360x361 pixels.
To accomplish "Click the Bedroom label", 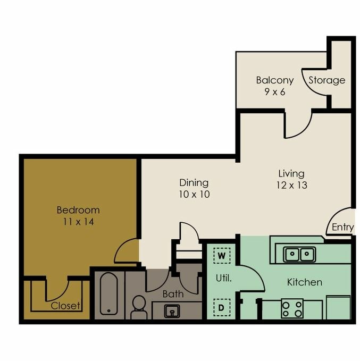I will [78, 210].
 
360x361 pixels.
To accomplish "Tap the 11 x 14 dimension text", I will [78, 222].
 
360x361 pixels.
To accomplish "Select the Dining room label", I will [194, 182].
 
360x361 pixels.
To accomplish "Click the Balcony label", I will [274, 80].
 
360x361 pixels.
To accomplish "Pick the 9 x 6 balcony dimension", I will [274, 91].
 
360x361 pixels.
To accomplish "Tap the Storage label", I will [327, 80].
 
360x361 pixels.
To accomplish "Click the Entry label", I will [342, 227].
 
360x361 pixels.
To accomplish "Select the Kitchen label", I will [304, 282].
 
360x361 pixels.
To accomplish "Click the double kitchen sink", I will [299, 255].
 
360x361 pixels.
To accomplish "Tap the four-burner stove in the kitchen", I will [292, 308].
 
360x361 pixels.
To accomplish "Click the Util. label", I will [223, 278].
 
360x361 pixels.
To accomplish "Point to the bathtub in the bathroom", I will [108, 294].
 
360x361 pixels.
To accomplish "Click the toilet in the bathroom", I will [139, 307].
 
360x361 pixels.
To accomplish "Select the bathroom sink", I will [172, 310].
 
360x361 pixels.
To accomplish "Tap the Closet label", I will [65, 306].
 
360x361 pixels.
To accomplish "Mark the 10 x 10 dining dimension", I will [194, 194].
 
